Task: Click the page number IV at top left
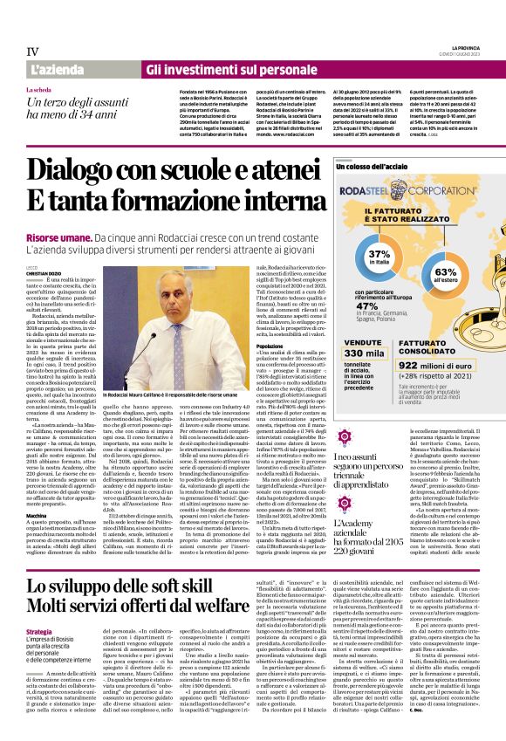point(33,51)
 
